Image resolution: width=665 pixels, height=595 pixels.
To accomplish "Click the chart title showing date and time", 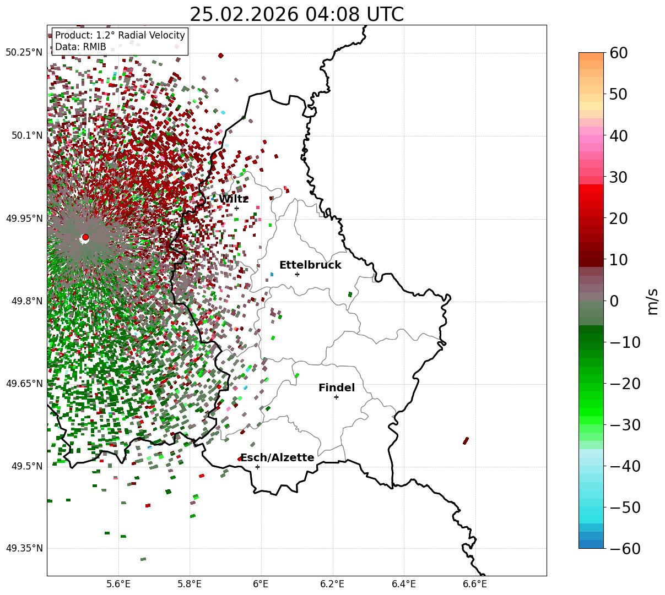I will [x=296, y=14].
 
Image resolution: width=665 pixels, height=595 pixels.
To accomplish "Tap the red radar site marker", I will [x=85, y=237].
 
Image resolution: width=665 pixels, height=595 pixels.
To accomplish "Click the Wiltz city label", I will [x=234, y=199].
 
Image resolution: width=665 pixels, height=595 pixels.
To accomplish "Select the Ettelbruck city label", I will [x=310, y=265].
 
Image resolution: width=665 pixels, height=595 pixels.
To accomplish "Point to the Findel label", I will [x=337, y=388].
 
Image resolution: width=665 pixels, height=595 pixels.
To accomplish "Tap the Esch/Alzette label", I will [x=277, y=458].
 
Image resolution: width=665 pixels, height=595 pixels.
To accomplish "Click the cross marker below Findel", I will [x=336, y=397].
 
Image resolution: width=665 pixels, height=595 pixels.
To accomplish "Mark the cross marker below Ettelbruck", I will [x=297, y=274].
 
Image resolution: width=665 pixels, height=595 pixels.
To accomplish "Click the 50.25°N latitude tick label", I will [x=24, y=53].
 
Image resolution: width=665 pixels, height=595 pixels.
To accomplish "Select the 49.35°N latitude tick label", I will [x=24, y=549].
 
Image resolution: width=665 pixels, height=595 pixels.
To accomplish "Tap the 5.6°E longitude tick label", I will [x=118, y=583].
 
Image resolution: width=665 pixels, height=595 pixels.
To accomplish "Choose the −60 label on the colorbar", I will [x=625, y=549].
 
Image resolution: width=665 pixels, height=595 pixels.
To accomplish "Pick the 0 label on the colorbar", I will [x=614, y=301].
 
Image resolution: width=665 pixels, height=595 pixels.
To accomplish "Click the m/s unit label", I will [x=653, y=301].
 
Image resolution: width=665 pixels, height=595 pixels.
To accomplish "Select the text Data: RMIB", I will [x=80, y=47].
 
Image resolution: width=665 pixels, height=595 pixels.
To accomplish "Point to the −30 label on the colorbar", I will [x=625, y=425].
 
